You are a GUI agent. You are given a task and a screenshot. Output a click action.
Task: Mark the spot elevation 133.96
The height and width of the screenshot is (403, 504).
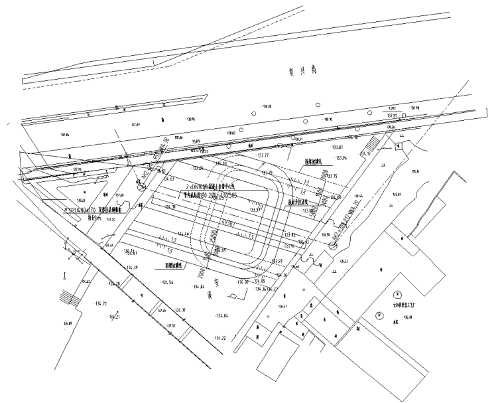click(x=342, y=158)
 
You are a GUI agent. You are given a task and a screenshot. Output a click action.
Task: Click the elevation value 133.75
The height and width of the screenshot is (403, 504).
click(x=332, y=175)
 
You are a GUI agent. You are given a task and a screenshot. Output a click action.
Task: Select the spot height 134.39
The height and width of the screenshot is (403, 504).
click(x=131, y=268)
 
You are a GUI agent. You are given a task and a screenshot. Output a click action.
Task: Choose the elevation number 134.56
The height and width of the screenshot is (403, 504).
click(x=166, y=283)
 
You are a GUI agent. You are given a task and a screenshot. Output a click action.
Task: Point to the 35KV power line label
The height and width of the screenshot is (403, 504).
click(x=196, y=141)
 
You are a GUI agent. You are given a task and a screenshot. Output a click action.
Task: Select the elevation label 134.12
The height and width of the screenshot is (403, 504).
click(x=364, y=154)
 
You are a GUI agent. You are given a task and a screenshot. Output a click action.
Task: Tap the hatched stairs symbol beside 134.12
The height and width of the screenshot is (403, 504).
click(x=373, y=141)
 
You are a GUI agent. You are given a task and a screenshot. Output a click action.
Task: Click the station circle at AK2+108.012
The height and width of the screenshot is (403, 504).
click(x=332, y=245)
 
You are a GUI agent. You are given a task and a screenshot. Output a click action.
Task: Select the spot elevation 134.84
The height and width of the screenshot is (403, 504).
click(x=198, y=287)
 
